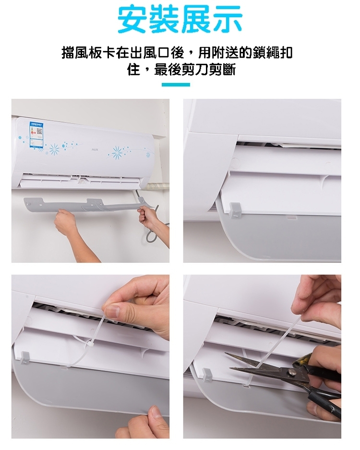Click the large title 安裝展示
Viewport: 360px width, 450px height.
tap(180, 19)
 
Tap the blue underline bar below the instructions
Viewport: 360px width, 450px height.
tap(176, 84)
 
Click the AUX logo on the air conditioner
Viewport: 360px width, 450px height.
tap(95, 149)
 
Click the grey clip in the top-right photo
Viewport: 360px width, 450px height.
tap(236, 209)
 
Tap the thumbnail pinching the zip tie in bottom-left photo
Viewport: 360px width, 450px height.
tap(112, 311)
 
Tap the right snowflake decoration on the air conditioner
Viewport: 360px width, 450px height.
tap(118, 153)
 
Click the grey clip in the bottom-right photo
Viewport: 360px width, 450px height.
tap(207, 373)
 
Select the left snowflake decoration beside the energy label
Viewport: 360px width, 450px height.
tap(54, 149)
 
